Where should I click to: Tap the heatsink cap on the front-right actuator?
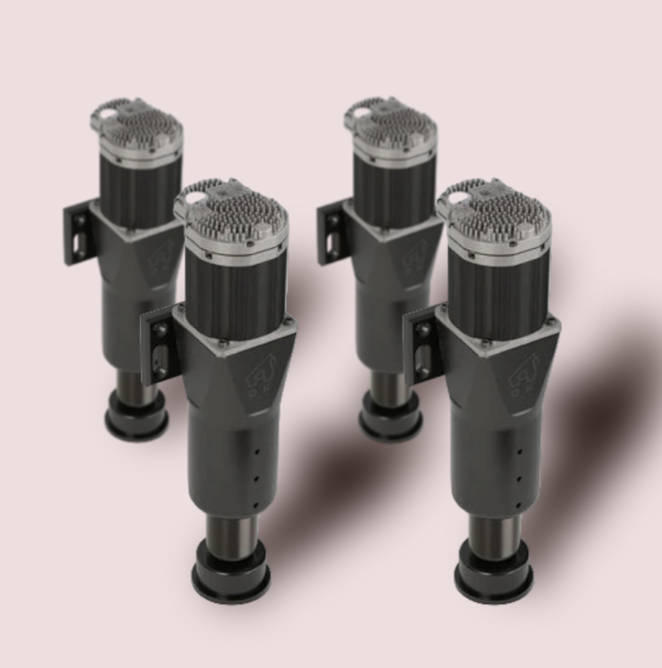(x=498, y=214)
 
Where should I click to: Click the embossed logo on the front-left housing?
(x=264, y=376)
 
